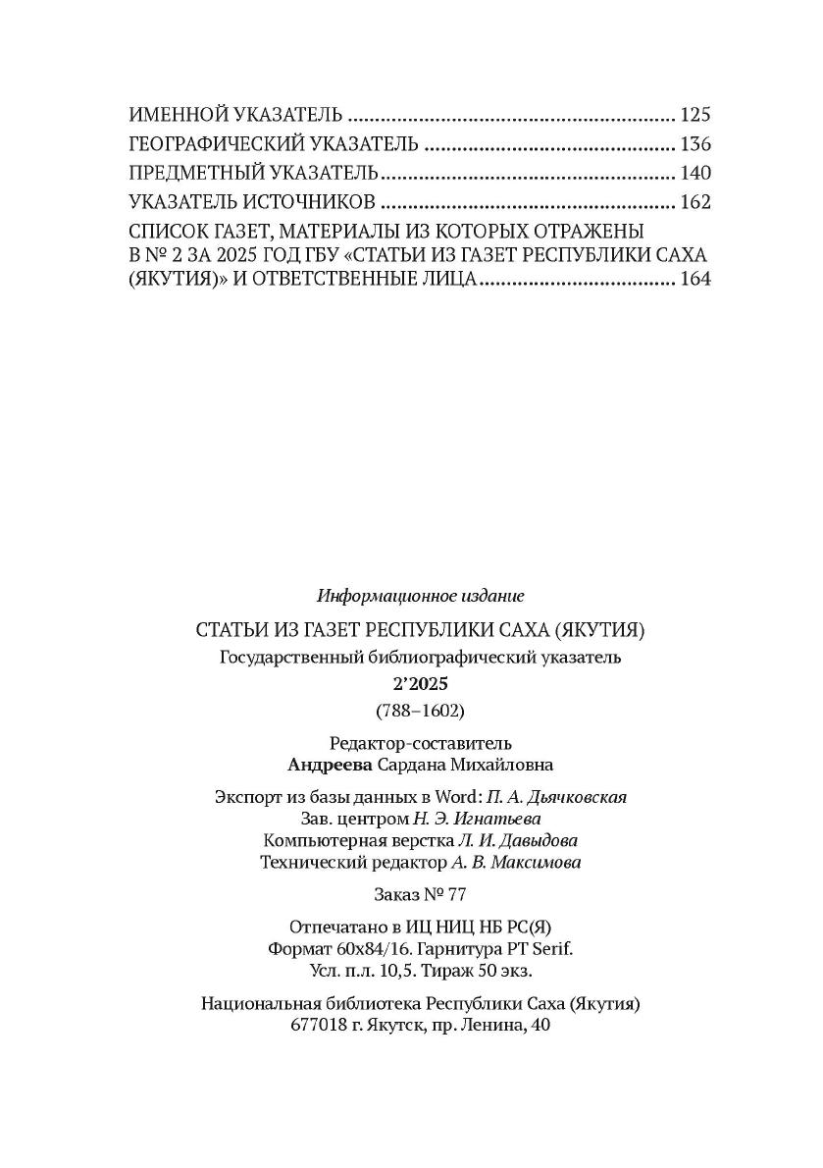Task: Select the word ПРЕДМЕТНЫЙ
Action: (x=186, y=174)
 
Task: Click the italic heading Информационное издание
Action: (x=421, y=596)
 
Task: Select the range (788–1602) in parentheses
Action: (x=421, y=710)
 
